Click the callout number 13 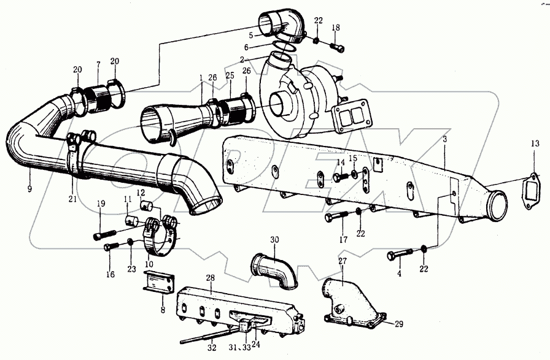[x=535, y=144]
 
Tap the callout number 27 [x=342, y=261]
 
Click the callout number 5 [x=251, y=35]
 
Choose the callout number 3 [x=444, y=140]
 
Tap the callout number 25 [x=230, y=75]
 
